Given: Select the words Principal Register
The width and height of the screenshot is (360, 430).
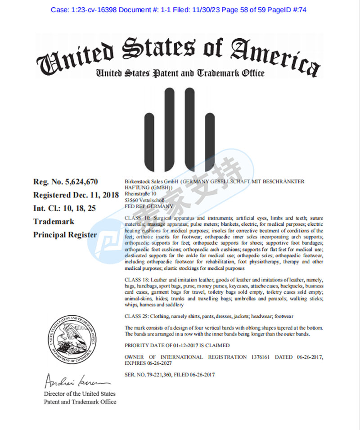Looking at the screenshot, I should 65,235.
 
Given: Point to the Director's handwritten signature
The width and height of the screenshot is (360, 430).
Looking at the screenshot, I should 77,382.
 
